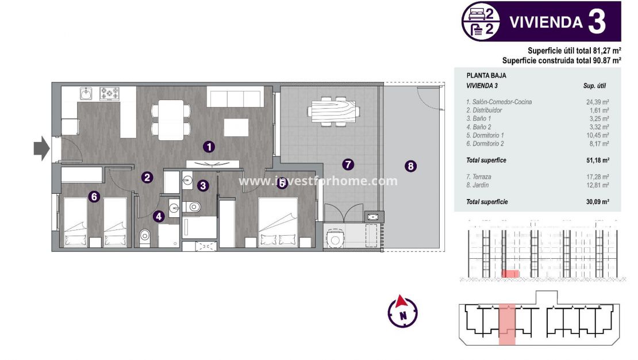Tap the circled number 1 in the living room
tap(209, 147)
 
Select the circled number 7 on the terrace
tap(348, 164)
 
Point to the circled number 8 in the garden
tap(410, 166)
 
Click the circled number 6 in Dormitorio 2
tap(95, 197)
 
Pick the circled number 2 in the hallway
tap(148, 178)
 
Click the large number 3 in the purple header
tap(597, 22)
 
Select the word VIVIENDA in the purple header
tap(546, 22)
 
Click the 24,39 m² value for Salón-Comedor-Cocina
tap(597, 102)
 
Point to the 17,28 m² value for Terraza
tap(597, 177)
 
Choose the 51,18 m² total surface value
tap(597, 160)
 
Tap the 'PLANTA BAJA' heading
tap(486, 75)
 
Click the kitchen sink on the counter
tap(86, 93)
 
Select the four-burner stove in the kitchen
tap(109, 93)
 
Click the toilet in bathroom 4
tap(145, 235)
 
